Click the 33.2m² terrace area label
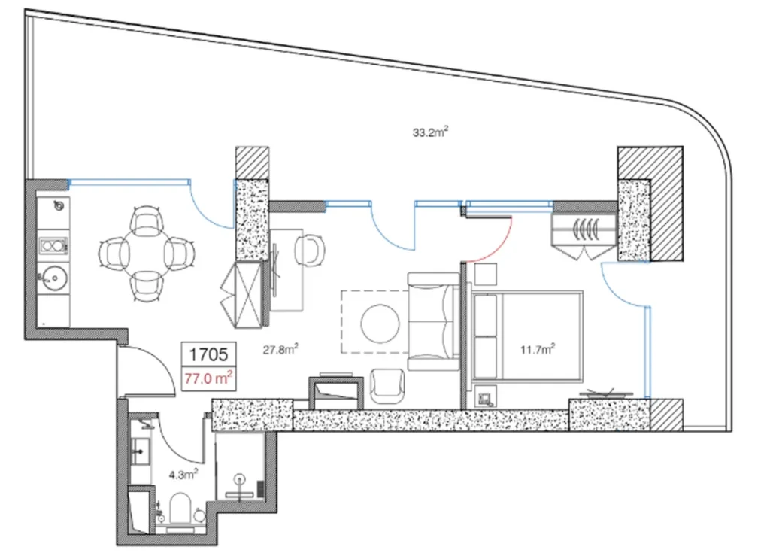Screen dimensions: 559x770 point(430,133)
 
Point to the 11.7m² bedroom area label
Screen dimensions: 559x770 point(538,348)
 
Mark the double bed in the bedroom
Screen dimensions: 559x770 point(527,339)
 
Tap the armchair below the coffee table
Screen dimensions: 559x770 point(390,387)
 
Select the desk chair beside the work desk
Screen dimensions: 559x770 point(308,249)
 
